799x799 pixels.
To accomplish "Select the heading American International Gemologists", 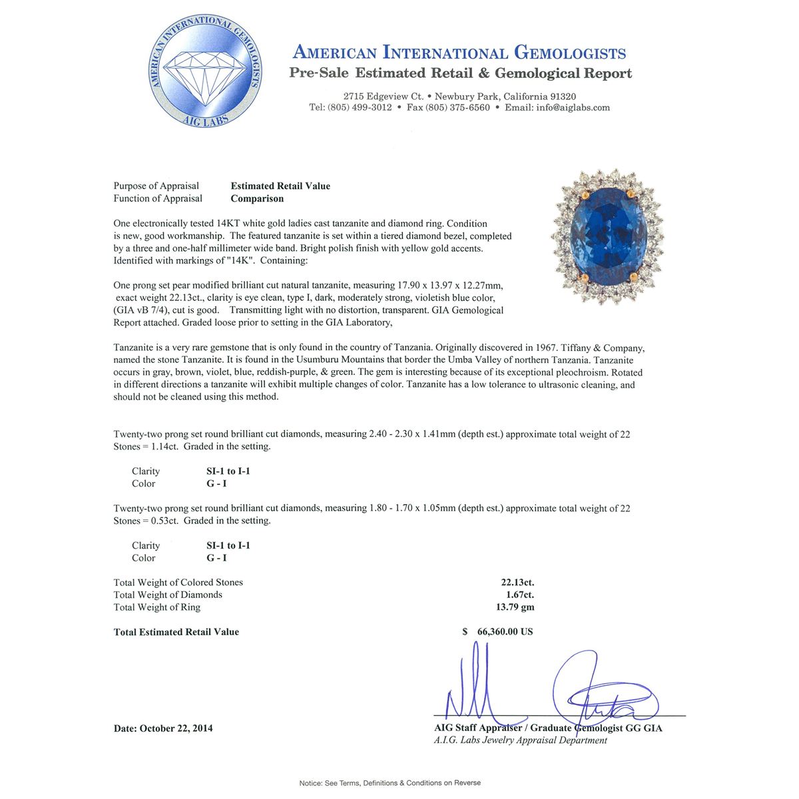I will pos(459,53).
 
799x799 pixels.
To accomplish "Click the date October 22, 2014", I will pos(163,728).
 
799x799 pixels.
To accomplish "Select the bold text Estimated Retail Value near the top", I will pos(280,186).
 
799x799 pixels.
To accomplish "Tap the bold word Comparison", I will pos(257,198).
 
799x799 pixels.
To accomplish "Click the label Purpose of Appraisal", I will pos(156,186).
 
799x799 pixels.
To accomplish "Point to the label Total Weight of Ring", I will pos(157,607).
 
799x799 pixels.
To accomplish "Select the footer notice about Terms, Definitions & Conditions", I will pos(390,783).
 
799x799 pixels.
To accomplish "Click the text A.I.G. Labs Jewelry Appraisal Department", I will pos(520,740).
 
